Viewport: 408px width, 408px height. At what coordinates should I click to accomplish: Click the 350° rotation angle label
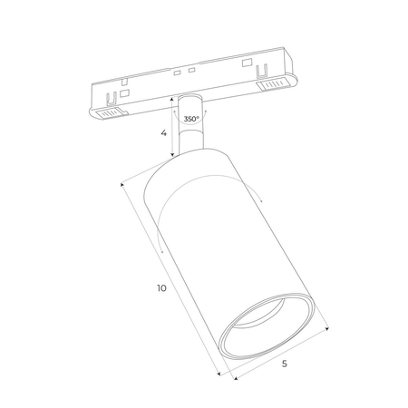pos(191,119)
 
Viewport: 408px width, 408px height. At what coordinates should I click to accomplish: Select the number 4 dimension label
pos(162,133)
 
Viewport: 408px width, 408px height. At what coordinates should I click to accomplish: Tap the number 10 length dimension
pos(160,288)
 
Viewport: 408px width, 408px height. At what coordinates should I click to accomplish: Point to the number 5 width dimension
pos(285,364)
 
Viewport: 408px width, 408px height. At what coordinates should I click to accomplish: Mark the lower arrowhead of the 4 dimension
pos(170,155)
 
